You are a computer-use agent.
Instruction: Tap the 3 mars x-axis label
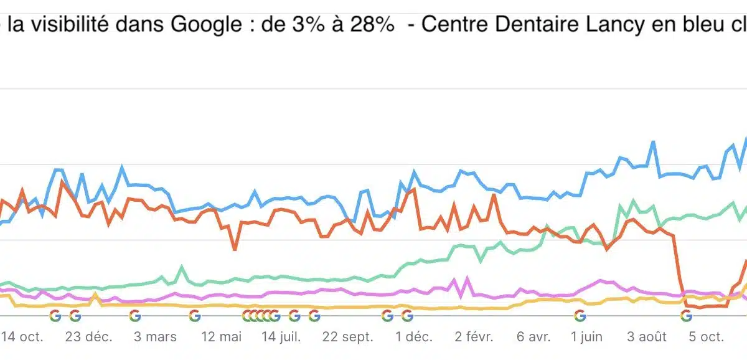[x=154, y=337]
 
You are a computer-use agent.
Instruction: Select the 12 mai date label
[x=221, y=337]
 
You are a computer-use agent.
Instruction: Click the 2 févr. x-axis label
[x=473, y=337]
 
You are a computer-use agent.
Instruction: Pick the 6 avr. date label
[x=534, y=337]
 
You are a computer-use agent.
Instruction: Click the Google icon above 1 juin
[x=580, y=316]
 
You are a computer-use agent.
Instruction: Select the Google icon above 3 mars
[x=135, y=316]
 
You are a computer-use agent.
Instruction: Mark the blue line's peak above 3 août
[x=653, y=143]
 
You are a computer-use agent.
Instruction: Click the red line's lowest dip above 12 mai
[x=235, y=249]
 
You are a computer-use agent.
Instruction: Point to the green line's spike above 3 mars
[x=182, y=267]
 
